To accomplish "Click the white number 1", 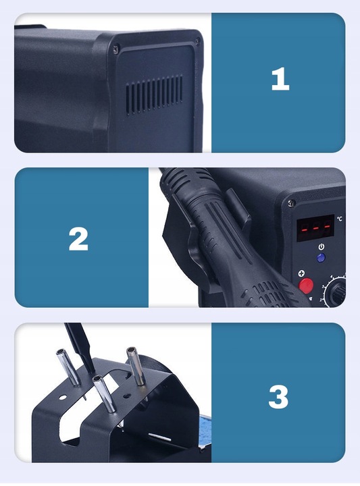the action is [x=280, y=80].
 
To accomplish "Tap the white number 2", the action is [x=78, y=239].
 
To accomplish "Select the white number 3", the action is [x=278, y=397].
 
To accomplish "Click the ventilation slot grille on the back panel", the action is [x=154, y=95].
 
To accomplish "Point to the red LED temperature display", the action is [x=315, y=228].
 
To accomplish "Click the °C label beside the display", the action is [x=340, y=219].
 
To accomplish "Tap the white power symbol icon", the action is [x=322, y=247].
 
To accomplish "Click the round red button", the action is [x=306, y=286].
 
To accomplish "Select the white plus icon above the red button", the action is [x=301, y=273].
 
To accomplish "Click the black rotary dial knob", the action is [x=338, y=293].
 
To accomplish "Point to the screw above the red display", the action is [x=291, y=203].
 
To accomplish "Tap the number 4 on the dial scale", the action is [x=331, y=276].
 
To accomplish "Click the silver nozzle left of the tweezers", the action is [x=68, y=368].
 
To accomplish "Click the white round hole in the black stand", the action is [x=63, y=398].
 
